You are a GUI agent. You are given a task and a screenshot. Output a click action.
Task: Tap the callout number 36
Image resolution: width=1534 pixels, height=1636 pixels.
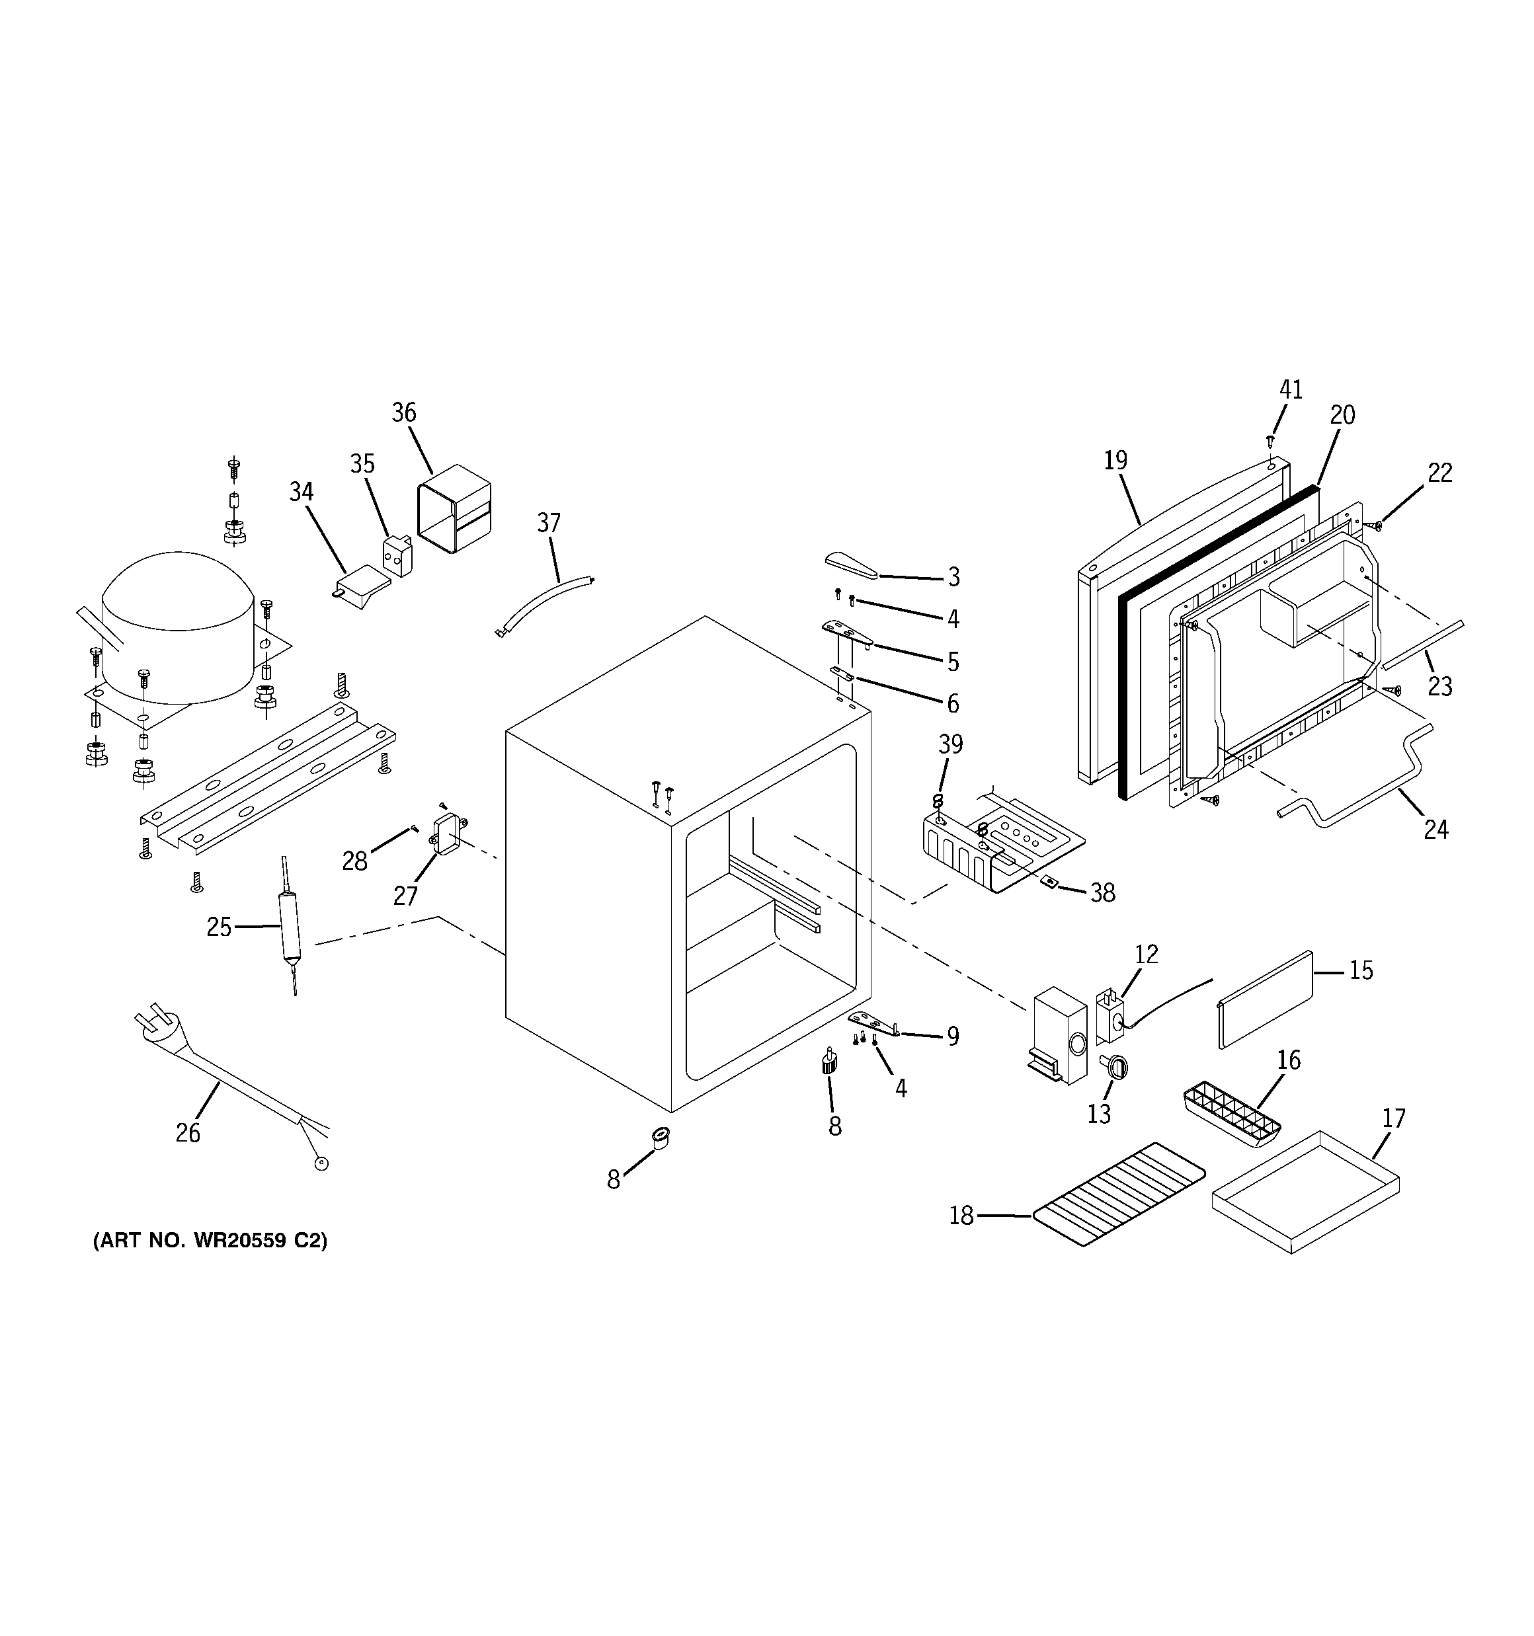[403, 412]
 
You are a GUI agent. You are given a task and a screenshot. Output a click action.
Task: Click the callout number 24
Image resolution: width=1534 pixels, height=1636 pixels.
[1436, 830]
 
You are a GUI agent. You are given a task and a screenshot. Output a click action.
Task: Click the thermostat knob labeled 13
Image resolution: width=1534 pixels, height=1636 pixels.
[1113, 1066]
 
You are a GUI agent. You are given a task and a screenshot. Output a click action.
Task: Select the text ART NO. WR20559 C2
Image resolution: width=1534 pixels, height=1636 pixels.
[210, 1263]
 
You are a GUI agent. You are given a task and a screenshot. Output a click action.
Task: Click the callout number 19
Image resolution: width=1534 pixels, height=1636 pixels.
[1115, 461]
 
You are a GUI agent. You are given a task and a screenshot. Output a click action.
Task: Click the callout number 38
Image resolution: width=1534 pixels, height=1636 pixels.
[1102, 893]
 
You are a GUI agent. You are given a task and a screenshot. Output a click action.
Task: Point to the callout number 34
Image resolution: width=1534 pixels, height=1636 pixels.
[302, 492]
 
